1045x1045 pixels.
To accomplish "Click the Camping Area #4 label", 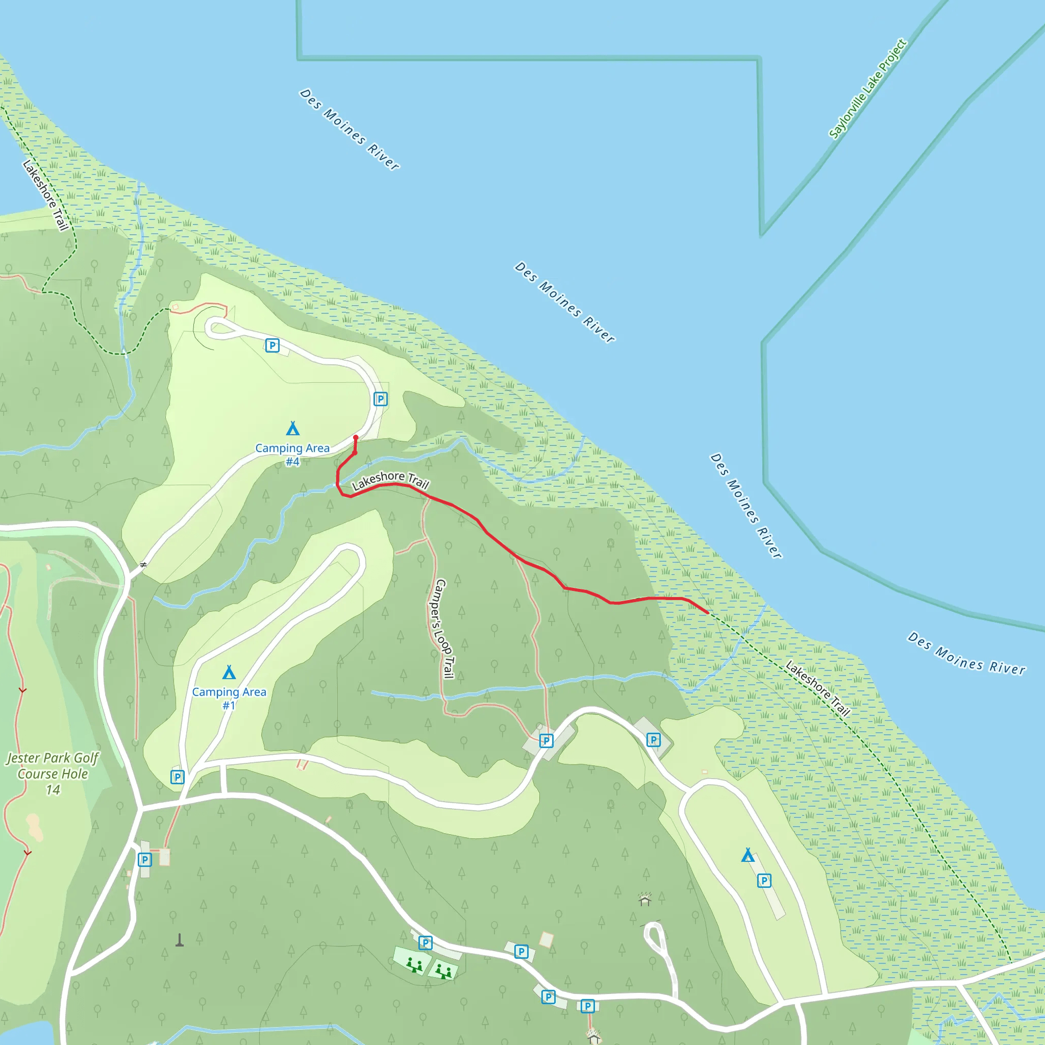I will [292, 454].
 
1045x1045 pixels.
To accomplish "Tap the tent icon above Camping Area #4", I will [292, 429].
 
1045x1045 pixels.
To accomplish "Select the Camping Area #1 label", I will [229, 698].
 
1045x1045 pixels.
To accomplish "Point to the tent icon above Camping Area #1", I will [229, 673].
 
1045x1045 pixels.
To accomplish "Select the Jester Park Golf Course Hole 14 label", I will [53, 774].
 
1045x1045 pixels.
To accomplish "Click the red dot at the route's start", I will [355, 438].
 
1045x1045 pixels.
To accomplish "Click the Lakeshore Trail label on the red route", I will [390, 480].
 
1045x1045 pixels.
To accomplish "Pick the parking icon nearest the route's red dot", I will [380, 399].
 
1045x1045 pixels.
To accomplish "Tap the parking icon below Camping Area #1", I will [178, 777].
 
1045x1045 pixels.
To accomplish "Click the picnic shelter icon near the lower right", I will [644, 900].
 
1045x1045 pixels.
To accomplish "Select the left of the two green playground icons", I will [414, 965].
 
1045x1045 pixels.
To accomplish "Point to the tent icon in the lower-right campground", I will [748, 855].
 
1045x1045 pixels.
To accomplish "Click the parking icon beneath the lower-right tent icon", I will [764, 881].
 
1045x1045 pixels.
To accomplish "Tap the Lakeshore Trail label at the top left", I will [46, 195].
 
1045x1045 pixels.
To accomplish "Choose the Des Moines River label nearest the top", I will [350, 130].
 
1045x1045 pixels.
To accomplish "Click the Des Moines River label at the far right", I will [966, 654].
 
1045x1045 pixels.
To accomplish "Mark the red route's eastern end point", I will [708, 612].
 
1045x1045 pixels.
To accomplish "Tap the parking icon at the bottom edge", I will [587, 1006].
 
